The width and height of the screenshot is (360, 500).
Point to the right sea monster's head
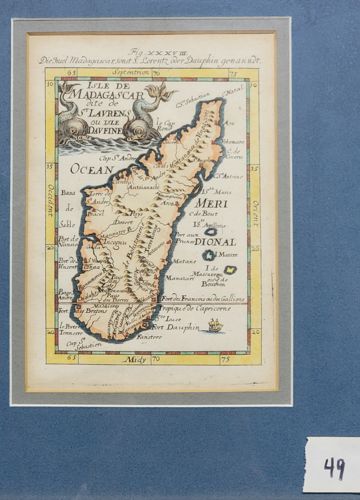[158, 94]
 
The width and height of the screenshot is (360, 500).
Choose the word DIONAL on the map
[212, 240]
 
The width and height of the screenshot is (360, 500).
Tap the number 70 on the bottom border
[154, 358]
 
